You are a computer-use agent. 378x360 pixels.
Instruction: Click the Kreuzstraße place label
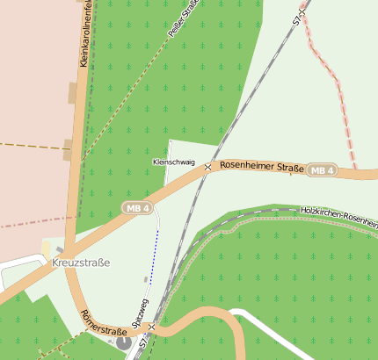[x=81, y=263]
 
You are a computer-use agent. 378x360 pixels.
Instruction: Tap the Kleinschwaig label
[x=173, y=162]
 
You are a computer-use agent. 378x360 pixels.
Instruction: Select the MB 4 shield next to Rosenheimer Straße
[x=323, y=170]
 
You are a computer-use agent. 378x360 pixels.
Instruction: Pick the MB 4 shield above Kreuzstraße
[x=137, y=208]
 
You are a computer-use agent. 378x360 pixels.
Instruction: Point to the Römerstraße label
[x=101, y=325]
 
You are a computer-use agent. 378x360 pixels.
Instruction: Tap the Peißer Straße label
[x=183, y=18]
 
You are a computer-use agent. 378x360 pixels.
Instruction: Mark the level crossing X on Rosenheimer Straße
[x=207, y=167]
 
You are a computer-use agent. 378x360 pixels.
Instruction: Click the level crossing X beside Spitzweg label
[x=151, y=327]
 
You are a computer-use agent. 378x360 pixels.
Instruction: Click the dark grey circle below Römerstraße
[x=120, y=342]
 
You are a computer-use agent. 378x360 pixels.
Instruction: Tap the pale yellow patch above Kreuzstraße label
[x=47, y=248]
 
